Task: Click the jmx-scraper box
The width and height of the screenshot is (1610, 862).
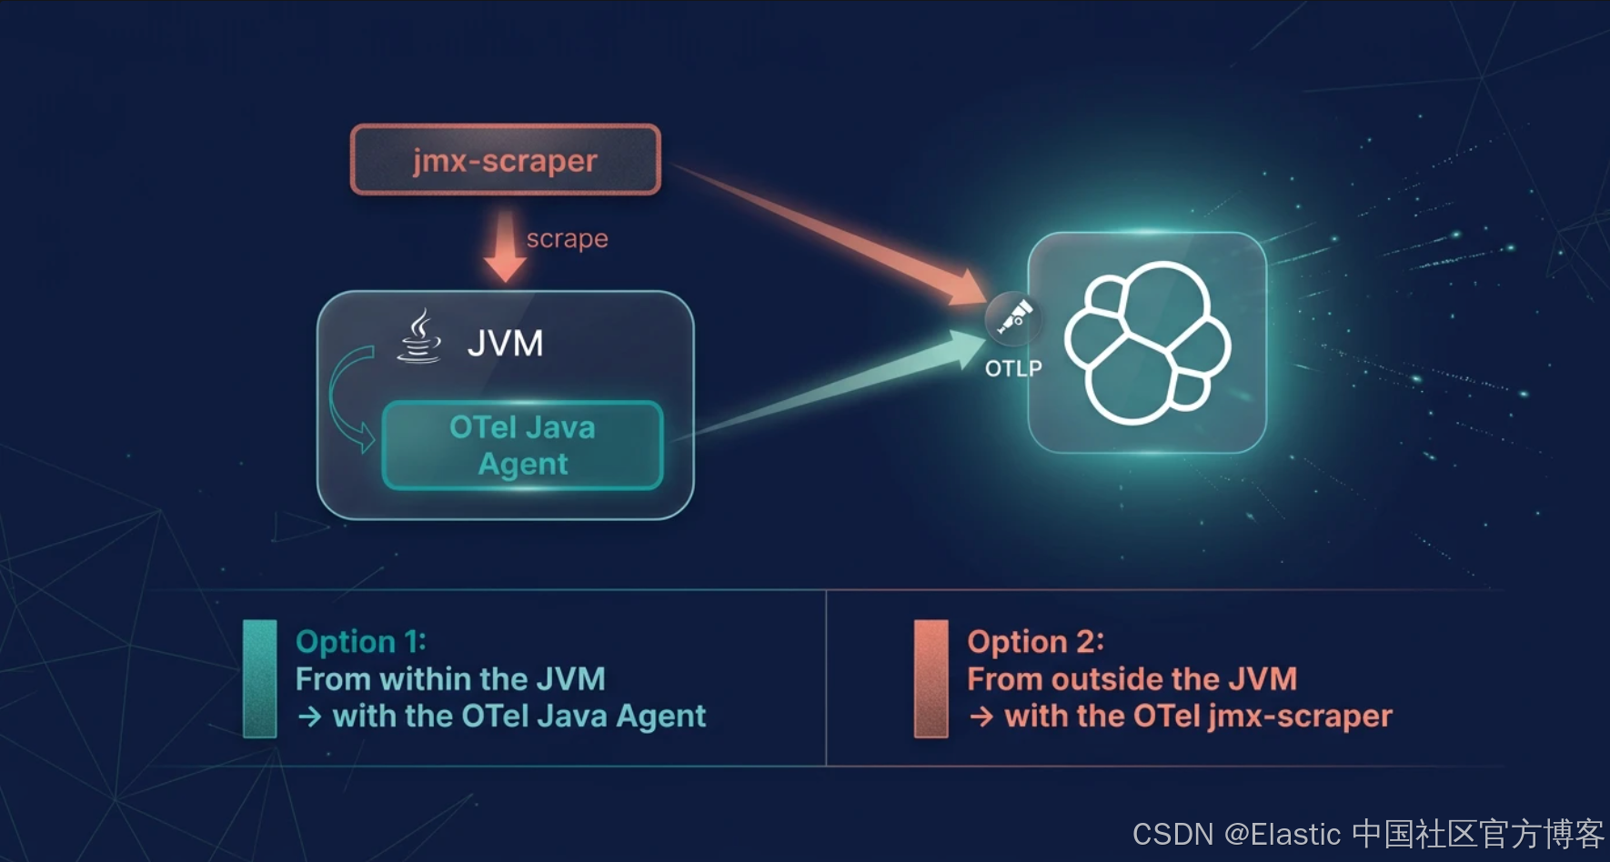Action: (505, 160)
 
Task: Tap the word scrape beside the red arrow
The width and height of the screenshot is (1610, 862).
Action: (567, 238)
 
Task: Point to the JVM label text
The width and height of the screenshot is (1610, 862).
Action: (505, 344)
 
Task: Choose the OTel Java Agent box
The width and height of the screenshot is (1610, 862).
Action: (522, 446)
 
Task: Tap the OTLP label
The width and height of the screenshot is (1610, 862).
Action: (1013, 368)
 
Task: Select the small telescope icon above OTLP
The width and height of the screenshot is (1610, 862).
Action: (1014, 318)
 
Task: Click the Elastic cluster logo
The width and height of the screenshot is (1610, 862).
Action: (1147, 343)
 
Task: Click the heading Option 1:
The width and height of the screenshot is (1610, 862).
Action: (360, 642)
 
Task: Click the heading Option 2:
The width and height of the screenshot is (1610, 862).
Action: (1035, 642)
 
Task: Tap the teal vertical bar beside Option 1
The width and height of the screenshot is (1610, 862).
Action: (259, 678)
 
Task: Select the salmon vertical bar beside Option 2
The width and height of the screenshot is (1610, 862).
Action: (931, 678)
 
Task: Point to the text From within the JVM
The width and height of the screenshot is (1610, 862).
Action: (450, 679)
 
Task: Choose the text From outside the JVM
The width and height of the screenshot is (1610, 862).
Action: (1132, 679)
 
